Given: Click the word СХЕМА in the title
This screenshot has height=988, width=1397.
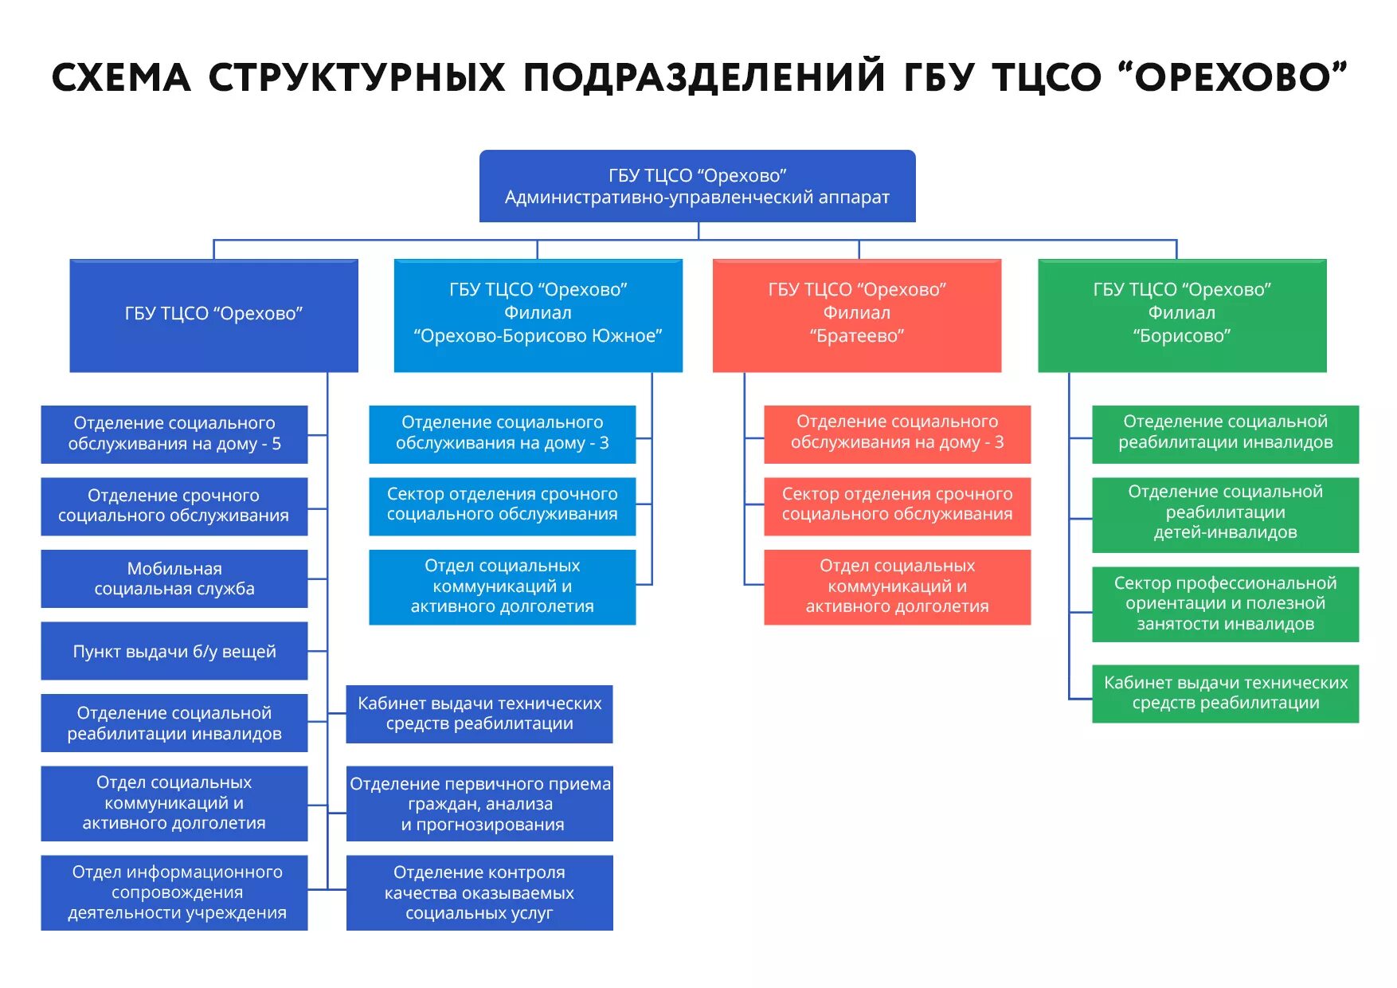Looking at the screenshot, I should coord(121,78).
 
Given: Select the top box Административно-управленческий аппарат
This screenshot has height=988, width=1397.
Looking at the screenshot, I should coord(697,186).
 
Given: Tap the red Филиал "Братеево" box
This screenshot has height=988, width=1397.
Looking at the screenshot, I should coord(856,315).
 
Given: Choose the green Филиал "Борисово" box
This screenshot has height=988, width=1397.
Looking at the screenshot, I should coord(1182,315).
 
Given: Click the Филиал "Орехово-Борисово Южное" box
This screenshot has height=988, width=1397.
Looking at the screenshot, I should coord(538,315).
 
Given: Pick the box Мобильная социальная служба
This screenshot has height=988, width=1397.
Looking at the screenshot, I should coord(174,578).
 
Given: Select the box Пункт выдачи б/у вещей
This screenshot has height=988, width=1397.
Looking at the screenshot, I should coord(174,651).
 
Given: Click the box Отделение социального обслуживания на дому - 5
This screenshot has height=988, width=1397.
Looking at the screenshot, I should coord(174,433).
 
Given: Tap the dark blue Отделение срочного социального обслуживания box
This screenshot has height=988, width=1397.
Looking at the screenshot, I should coord(174,506).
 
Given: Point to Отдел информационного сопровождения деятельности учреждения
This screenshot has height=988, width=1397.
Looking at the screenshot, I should coord(174,892).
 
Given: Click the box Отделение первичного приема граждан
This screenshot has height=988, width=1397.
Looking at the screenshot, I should coord(479,803).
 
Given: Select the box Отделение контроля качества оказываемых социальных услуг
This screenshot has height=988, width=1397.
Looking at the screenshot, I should coord(479,892).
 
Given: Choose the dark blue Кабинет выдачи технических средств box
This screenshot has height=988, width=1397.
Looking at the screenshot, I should coord(479,714).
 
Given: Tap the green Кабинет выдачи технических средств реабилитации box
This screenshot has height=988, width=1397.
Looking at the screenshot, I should coord(1225,693).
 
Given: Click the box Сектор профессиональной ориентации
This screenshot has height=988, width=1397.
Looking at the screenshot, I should coord(1225,604).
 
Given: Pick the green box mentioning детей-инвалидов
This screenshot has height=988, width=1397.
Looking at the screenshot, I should coord(1225,514).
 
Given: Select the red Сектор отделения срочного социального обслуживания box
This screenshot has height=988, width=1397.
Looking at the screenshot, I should coord(897,505).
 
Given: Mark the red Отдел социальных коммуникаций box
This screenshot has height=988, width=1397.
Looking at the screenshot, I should coord(897,586).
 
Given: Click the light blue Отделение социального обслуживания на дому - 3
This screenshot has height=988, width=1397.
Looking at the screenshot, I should coord(502,433).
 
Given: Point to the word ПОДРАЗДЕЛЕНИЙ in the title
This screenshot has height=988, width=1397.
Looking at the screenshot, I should coord(704,78).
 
